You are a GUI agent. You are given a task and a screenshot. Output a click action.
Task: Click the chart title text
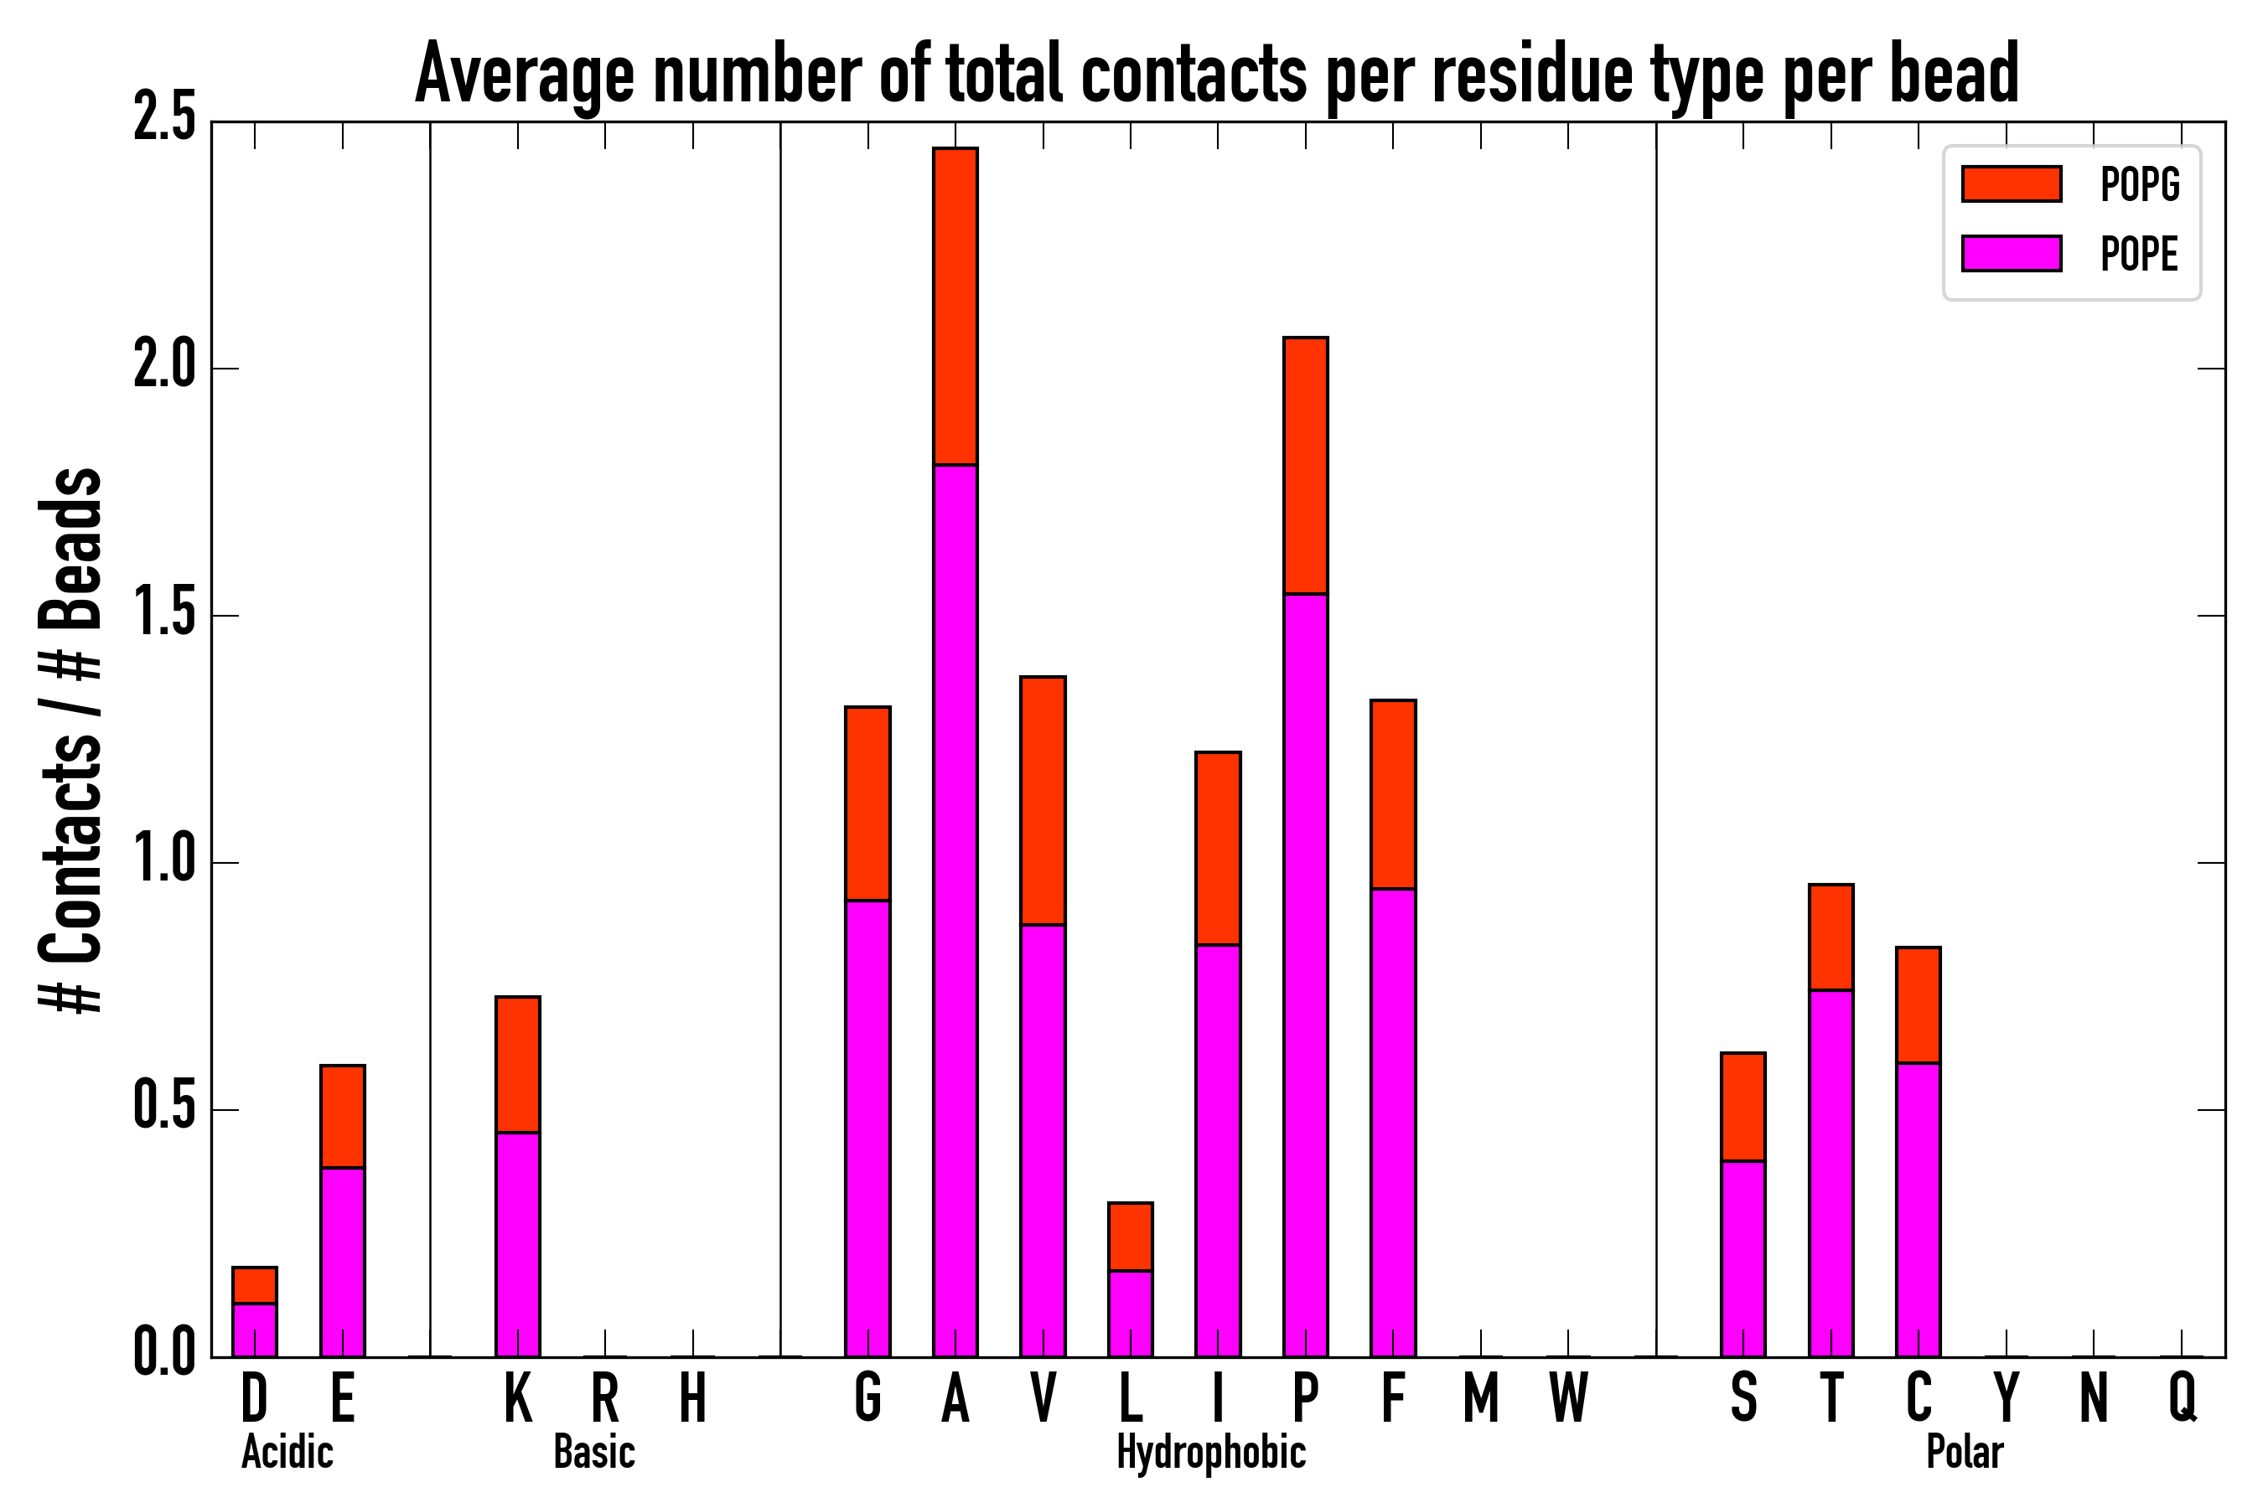[x=1217, y=73]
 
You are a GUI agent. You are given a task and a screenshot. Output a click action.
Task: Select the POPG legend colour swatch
[x=2011, y=183]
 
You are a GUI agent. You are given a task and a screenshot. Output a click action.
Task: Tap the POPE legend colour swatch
[x=2011, y=253]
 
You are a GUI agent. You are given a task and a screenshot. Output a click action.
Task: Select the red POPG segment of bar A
[x=955, y=306]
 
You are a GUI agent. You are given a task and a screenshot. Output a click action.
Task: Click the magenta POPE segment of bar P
[x=1306, y=974]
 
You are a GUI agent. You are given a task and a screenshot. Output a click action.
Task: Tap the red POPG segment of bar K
[x=518, y=1065]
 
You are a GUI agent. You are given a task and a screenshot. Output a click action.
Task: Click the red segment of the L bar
[x=1131, y=1237]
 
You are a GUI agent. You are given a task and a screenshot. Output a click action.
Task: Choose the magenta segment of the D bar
[x=255, y=1330]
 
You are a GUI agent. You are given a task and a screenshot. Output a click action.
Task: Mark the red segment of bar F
[x=1393, y=794]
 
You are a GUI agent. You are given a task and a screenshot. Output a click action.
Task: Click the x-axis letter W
[x=1568, y=1397]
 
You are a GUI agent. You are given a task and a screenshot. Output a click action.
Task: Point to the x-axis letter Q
[x=2183, y=1397]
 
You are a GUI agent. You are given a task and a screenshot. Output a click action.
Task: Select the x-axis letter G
[x=867, y=1397]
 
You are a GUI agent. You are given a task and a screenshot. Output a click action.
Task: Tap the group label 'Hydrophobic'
[x=1211, y=1452]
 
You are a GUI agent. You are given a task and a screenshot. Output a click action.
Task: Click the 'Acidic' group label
[x=287, y=1452]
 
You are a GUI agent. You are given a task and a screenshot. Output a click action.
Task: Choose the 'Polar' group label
[x=1965, y=1452]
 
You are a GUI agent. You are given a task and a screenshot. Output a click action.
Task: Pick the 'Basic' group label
[x=594, y=1452]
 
